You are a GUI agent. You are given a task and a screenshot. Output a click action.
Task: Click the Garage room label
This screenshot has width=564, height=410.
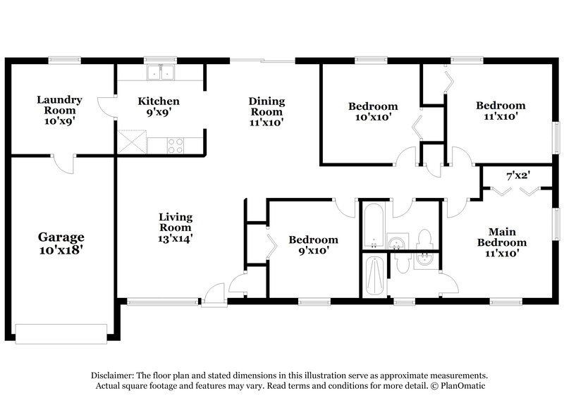(x=61, y=244)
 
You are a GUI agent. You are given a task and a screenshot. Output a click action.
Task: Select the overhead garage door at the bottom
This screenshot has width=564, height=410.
(x=61, y=332)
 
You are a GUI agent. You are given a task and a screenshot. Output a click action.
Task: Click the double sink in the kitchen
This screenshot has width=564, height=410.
(x=161, y=73)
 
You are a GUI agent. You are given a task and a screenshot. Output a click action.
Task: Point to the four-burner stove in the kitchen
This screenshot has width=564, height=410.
(x=176, y=145)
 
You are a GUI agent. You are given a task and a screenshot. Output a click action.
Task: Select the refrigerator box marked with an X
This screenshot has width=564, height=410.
(x=132, y=143)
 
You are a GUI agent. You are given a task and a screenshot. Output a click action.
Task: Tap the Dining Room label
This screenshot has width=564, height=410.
(x=266, y=111)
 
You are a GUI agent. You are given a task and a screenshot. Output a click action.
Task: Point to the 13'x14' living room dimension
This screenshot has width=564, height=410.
(x=175, y=238)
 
